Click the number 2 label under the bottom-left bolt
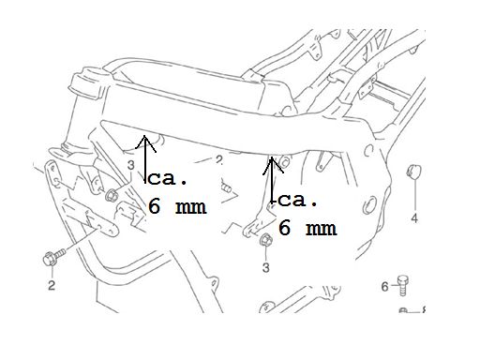tap(52, 285)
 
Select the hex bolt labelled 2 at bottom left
tap(53, 257)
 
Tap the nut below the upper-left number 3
tap(112, 195)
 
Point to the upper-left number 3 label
tap(131, 165)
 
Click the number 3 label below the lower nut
tap(265, 267)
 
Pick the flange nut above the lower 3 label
tap(266, 239)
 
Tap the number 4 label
tap(414, 217)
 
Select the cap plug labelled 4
tap(413, 172)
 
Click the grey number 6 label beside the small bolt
tap(384, 286)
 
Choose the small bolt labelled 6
tap(403, 285)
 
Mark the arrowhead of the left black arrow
tap(145, 143)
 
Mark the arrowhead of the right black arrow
tap(273, 165)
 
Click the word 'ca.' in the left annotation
tap(167, 179)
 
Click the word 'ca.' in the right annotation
tap(298, 201)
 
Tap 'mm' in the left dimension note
tap(190, 207)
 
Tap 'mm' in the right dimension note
tap(322, 229)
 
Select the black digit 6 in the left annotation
tap(154, 206)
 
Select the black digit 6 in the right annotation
tap(284, 228)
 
